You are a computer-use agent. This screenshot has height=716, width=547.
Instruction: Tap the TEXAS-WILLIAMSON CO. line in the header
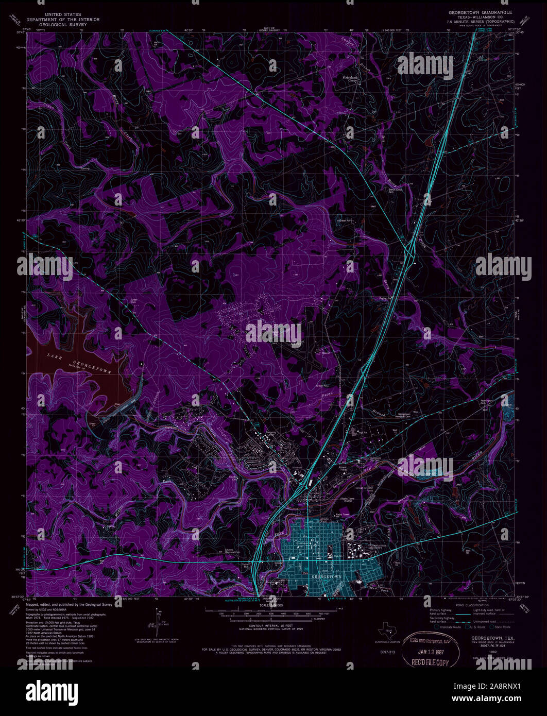pos(480,17)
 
